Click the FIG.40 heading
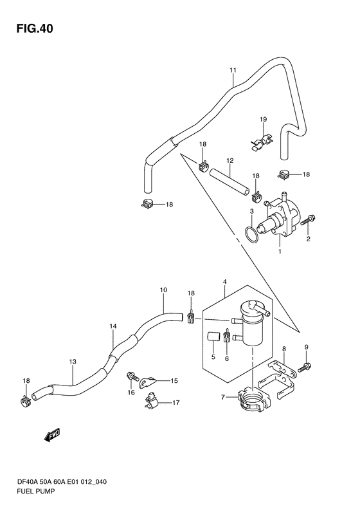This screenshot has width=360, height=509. tap(35, 28)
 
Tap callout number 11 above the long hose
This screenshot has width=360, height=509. tap(233, 70)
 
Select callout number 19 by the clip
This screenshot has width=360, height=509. tap(263, 119)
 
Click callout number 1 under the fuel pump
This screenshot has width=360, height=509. tap(280, 251)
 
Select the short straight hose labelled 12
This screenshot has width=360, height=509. tap(230, 181)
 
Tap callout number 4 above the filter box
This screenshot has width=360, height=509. tap(225, 282)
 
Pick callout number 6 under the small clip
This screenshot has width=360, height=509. tap(227, 358)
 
